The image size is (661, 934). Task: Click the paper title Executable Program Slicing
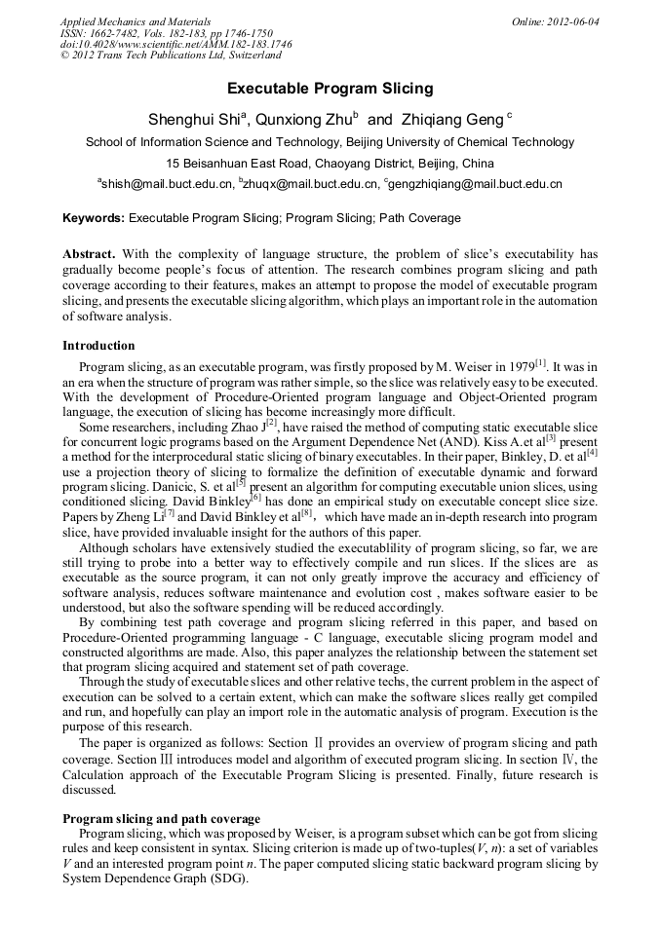pos(330,89)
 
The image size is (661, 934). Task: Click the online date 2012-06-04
pos(571,21)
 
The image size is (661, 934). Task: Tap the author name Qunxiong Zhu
pos(290,120)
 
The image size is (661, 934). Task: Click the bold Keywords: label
pos(94,218)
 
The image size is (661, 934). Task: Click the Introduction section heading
pos(98,346)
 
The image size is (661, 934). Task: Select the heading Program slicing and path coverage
pos(161,819)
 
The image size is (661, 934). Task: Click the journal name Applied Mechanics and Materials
pos(135,21)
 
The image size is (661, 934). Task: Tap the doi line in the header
pos(175,45)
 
